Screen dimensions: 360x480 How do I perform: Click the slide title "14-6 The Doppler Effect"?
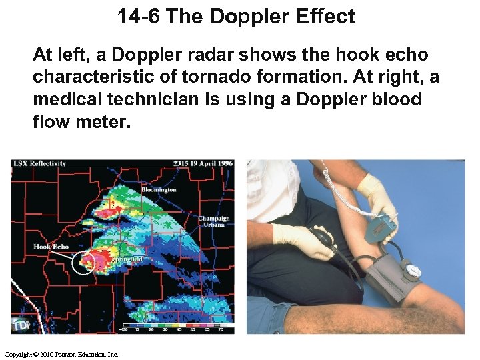point(237,16)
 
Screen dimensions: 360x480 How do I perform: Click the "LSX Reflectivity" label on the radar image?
point(39,164)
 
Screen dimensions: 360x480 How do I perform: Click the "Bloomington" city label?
point(159,190)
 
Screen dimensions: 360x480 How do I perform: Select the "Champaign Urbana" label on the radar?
point(213,221)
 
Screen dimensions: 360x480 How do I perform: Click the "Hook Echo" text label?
point(51,247)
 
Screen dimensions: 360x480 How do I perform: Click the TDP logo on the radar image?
point(20,325)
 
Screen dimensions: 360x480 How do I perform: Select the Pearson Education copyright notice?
point(61,354)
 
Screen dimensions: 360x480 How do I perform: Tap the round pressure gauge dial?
point(413,271)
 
